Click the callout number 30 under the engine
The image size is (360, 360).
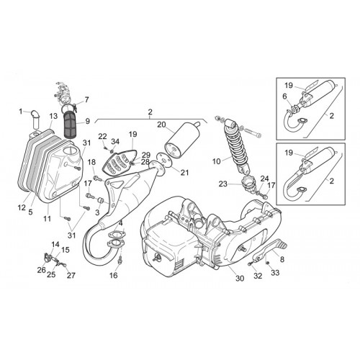click(x=240, y=278)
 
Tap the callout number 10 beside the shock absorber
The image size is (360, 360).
click(x=217, y=161)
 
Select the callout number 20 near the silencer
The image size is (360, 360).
click(x=161, y=125)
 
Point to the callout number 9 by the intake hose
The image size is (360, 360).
click(x=87, y=121)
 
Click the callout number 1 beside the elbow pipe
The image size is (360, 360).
click(x=21, y=112)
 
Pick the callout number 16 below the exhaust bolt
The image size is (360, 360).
click(x=114, y=275)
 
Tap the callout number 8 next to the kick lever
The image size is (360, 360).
click(x=282, y=259)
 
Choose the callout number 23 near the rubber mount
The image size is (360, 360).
click(x=223, y=184)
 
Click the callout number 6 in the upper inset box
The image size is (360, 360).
click(x=284, y=96)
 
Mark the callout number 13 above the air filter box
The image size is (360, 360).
click(x=53, y=116)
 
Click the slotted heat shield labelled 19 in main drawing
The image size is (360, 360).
click(x=120, y=162)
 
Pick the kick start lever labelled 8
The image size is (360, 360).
click(x=271, y=251)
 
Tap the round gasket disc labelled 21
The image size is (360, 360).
click(x=163, y=158)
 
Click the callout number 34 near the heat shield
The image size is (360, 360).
click(x=115, y=141)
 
